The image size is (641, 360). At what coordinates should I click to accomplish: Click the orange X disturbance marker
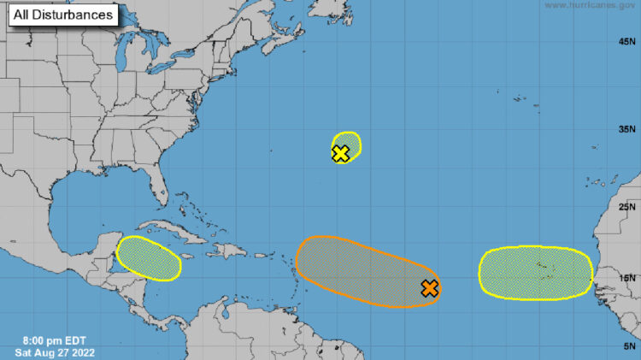point(430,288)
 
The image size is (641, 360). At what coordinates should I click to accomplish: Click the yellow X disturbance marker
point(340,154)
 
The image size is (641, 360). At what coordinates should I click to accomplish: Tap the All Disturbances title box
point(62,16)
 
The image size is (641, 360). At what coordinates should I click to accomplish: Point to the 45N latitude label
point(627,41)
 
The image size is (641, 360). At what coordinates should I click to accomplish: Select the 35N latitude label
point(627,129)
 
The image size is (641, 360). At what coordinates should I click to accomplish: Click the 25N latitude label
point(627,206)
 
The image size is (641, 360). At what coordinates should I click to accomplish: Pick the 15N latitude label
point(627,277)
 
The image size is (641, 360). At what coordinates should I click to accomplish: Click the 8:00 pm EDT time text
point(49,339)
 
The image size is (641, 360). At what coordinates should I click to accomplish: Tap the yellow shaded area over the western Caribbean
point(149,257)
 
